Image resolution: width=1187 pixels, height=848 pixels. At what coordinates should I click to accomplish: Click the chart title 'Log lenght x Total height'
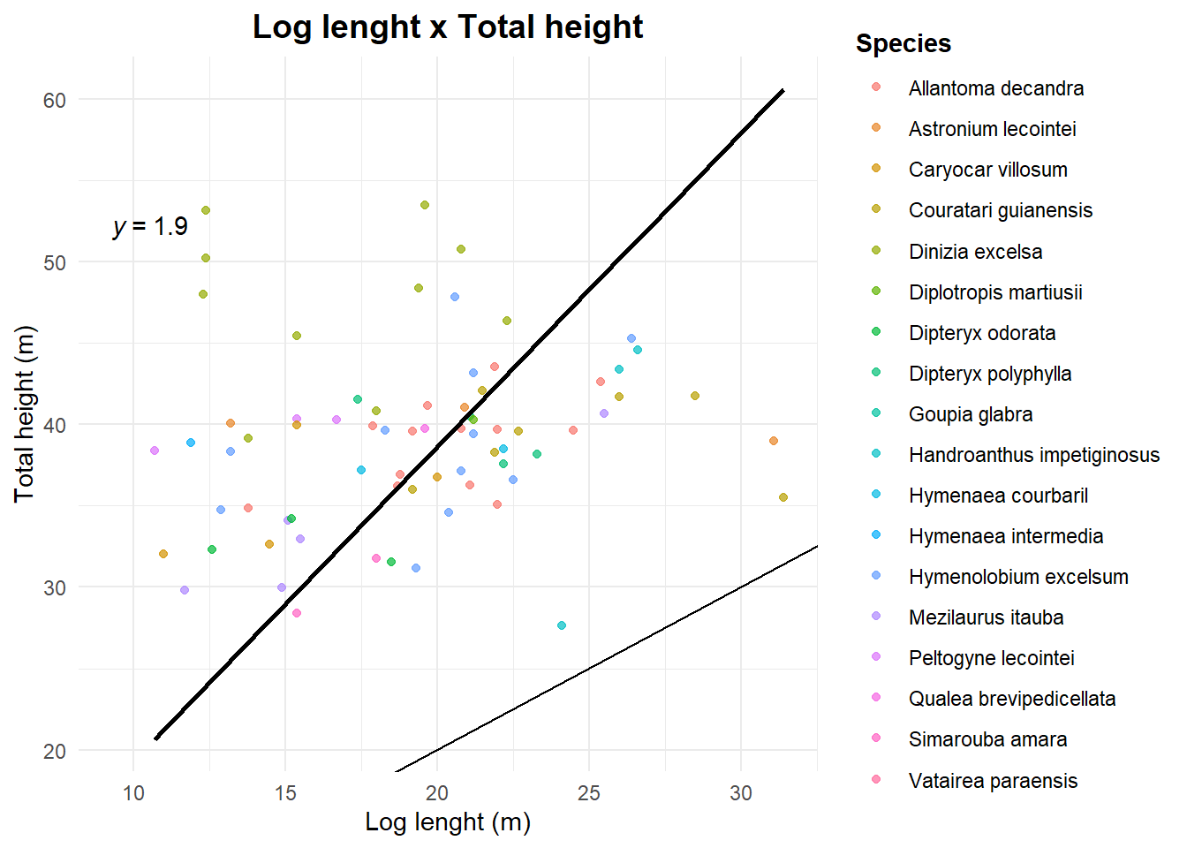pos(448,26)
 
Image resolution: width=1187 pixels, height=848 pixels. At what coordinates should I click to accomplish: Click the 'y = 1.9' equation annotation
pos(151,227)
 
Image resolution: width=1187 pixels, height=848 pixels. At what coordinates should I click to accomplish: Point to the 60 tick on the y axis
pos(55,100)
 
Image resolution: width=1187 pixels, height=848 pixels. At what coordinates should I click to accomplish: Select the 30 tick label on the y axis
pos(55,587)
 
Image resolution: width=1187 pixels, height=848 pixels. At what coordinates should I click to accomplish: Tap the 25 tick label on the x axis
pos(589,793)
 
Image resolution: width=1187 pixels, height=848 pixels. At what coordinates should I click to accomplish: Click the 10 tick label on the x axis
pos(133,793)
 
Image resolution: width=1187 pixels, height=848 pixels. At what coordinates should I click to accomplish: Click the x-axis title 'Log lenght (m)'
pos(448,822)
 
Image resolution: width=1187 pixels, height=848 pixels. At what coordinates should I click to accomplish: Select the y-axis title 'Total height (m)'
pos(24,413)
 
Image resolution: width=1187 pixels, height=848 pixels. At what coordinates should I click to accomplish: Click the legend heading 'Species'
pos(903,43)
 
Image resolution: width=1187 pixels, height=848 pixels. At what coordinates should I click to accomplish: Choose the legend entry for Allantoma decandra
pos(995,88)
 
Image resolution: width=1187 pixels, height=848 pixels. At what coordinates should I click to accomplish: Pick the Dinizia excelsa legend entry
pos(975,252)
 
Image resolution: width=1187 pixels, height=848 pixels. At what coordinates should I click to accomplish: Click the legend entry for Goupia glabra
pos(970,414)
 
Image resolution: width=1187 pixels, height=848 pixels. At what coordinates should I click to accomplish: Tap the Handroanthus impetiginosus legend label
pos(1033,455)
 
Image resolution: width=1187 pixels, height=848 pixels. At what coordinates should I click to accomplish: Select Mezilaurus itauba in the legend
pos(986,617)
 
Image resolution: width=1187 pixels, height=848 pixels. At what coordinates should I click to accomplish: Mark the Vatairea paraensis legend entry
pos(993,781)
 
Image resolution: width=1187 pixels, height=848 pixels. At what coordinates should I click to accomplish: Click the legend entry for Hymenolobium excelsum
pos(1017,577)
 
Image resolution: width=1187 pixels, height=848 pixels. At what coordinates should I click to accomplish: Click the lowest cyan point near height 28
pos(562,625)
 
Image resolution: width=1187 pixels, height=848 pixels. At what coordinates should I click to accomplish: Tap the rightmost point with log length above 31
pos(783,497)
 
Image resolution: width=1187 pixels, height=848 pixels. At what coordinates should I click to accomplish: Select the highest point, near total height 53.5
pos(425,205)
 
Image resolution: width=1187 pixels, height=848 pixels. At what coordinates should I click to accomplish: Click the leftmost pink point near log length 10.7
pos(155,450)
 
